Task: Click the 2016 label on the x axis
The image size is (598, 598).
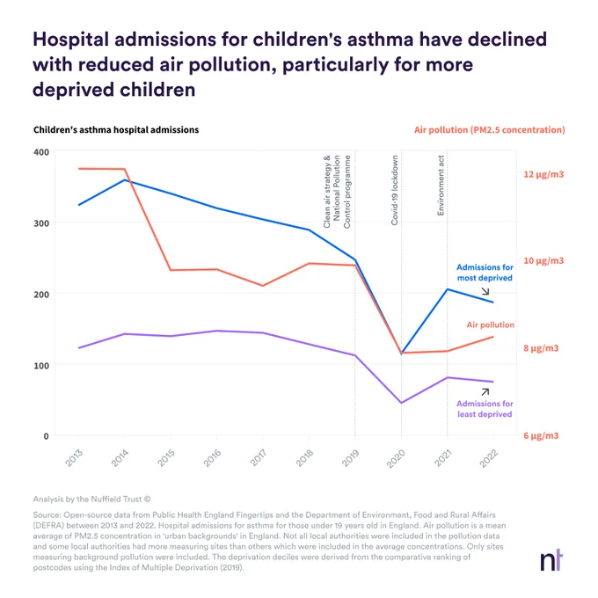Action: tap(212, 457)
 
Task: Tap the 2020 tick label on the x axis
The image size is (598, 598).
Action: tap(396, 458)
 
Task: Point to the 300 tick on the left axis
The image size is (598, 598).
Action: tap(41, 223)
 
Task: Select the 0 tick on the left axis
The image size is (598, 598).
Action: tap(46, 436)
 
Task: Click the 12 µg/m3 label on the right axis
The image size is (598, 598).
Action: tap(543, 174)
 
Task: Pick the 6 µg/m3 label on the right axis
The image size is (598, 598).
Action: tap(541, 435)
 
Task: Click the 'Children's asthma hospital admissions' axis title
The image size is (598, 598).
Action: tap(116, 130)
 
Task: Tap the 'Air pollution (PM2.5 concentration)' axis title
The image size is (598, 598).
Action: tap(490, 130)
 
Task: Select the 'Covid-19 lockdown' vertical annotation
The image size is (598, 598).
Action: tap(394, 190)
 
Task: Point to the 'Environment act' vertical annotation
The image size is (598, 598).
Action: tap(441, 186)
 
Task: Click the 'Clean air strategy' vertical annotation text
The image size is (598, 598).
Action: tap(327, 192)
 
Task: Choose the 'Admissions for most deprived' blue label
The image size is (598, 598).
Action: tap(485, 273)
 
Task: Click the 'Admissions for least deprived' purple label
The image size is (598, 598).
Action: tap(485, 409)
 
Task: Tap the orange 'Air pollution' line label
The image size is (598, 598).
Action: tap(491, 325)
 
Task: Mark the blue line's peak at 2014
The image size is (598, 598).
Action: tap(125, 179)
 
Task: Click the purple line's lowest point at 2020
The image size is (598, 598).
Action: tap(401, 403)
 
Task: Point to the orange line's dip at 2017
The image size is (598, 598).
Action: tap(263, 286)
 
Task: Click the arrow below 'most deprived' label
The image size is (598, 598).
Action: tap(485, 291)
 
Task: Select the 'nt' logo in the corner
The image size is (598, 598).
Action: tap(551, 560)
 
